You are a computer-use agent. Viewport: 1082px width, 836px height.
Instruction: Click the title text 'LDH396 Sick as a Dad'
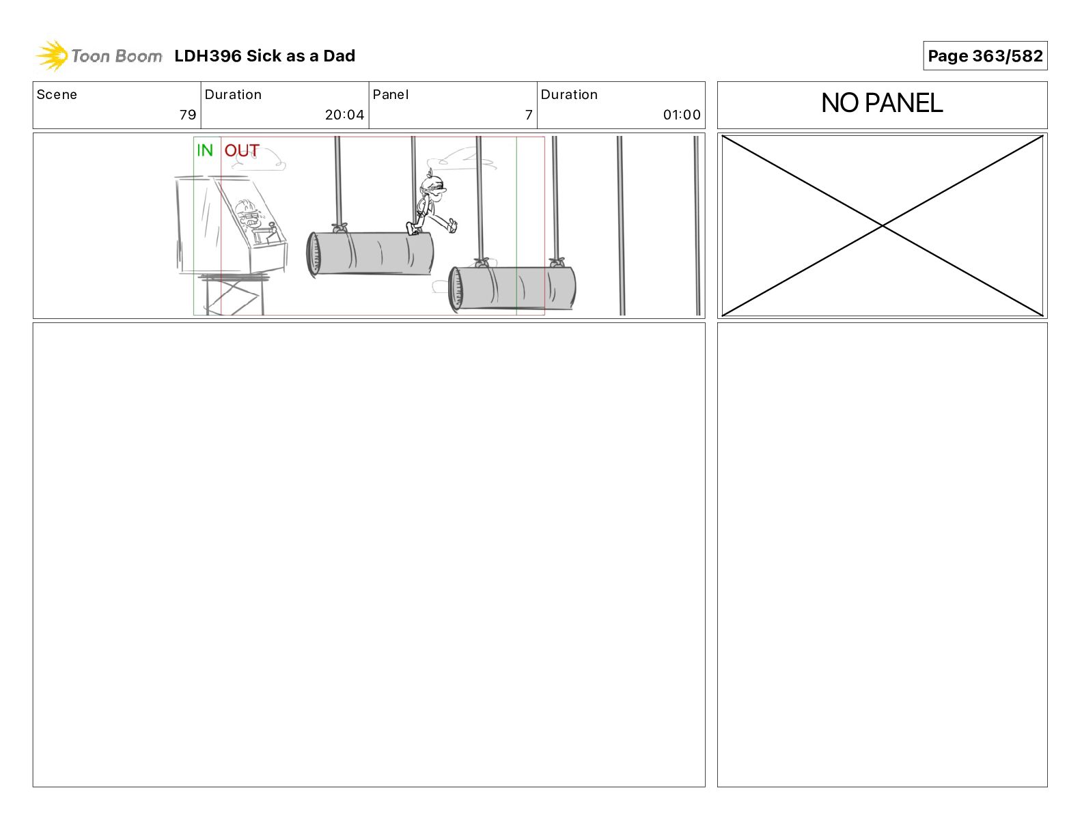[x=264, y=56]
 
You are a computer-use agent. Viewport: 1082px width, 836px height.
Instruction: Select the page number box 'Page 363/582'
[x=984, y=56]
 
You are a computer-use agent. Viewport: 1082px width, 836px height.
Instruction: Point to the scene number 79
[x=188, y=115]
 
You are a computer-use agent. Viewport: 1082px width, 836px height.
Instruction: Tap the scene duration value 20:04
[x=344, y=115]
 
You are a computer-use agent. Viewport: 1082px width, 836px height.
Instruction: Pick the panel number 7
[x=529, y=115]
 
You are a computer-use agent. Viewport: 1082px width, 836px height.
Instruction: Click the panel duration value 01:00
[x=682, y=115]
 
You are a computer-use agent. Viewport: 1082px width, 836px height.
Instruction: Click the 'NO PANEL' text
[x=882, y=103]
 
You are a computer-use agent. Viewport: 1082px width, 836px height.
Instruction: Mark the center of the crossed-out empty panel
[x=882, y=225]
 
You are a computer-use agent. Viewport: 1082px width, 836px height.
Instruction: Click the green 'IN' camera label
[x=205, y=150]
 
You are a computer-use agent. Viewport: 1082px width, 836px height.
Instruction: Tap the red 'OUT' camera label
[x=242, y=150]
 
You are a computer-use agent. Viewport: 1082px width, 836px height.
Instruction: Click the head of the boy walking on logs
[x=432, y=186]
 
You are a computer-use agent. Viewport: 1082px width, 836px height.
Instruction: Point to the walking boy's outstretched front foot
[x=452, y=225]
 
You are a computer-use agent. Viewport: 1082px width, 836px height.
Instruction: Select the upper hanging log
[x=370, y=253]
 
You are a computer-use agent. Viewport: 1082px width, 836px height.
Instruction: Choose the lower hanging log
[x=512, y=288]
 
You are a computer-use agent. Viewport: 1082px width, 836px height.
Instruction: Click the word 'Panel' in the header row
[x=390, y=95]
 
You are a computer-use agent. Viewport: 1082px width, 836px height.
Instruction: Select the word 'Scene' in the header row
[x=57, y=95]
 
